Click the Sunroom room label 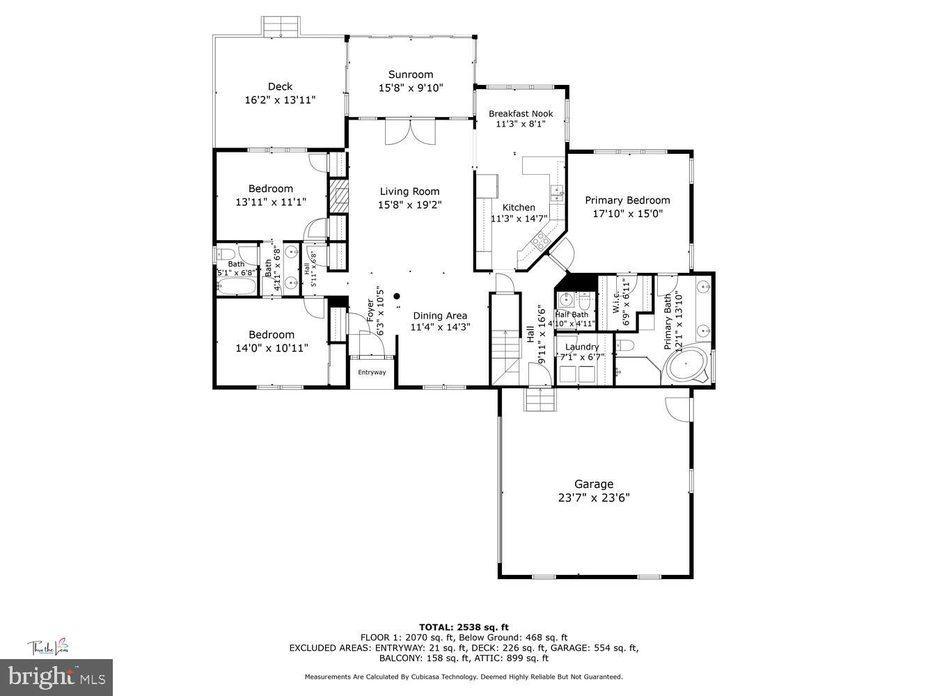pos(410,74)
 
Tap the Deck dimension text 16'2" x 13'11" pos(280,100)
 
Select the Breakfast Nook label pos(520,113)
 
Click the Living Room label pos(409,191)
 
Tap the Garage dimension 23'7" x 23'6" pos(593,498)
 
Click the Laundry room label pos(581,347)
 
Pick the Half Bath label pos(572,315)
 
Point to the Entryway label pos(372,372)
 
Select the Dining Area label pos(439,315)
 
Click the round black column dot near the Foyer pos(398,296)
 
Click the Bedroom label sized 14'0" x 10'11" pos(271,335)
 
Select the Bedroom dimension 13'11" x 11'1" pos(271,202)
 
